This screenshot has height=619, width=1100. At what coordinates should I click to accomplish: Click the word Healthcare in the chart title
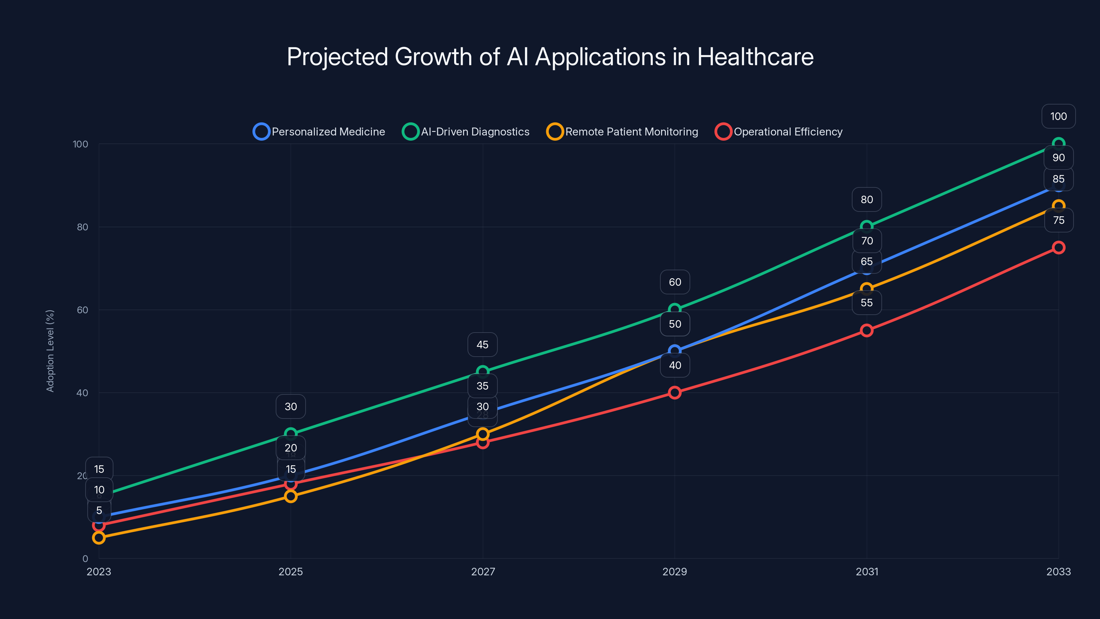[755, 57]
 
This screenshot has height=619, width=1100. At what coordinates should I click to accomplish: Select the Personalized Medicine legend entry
[319, 132]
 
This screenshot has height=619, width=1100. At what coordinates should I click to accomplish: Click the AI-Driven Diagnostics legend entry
[466, 132]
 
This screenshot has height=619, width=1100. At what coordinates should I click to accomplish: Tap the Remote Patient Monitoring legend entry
[622, 132]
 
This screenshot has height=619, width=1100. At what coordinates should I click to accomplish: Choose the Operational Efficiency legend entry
[779, 132]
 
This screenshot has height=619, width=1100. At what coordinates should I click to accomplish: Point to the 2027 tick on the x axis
[483, 572]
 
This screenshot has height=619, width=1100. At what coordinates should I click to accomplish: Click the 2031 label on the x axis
[866, 572]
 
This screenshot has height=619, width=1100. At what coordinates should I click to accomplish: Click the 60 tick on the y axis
[82, 310]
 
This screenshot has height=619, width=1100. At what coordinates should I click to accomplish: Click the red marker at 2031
[866, 330]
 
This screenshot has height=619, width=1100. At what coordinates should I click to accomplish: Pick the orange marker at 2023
[99, 537]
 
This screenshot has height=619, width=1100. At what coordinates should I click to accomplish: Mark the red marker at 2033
[1058, 247]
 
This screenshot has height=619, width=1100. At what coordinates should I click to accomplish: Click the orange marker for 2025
[291, 496]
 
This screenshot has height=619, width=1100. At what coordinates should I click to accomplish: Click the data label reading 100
[1058, 116]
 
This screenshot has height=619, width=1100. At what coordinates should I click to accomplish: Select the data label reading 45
[483, 344]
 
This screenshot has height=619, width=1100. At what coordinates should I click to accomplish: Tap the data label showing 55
[866, 303]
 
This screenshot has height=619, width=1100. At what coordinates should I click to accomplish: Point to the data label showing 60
[675, 282]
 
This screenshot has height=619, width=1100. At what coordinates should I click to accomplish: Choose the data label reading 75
[1058, 220]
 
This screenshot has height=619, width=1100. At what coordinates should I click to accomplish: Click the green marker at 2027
[483, 371]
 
